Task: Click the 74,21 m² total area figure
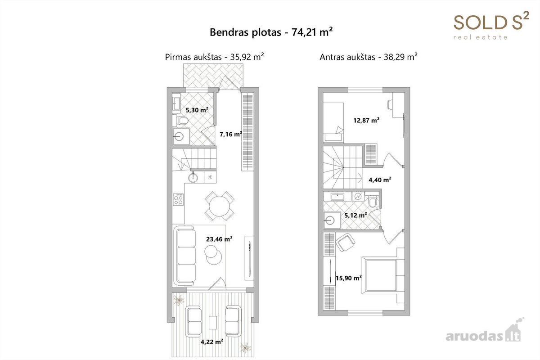coord(312,32)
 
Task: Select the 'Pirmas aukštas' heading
coord(193,57)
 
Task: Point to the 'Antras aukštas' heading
coord(347,57)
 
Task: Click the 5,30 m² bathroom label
coord(197,110)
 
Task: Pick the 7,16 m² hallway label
coord(231,134)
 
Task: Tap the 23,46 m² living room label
coord(219,239)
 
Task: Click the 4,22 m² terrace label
coord(212,342)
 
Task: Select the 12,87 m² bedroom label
coord(366,120)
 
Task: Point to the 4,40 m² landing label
coord(380,180)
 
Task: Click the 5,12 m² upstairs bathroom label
coord(355,215)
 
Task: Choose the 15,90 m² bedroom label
coord(349,278)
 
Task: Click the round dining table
coord(220,206)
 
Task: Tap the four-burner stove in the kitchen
coord(178,199)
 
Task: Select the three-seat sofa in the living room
coord(185,255)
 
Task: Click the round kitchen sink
coord(193,178)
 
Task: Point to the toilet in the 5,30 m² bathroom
coord(182,121)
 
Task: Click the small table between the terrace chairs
coord(212,322)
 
